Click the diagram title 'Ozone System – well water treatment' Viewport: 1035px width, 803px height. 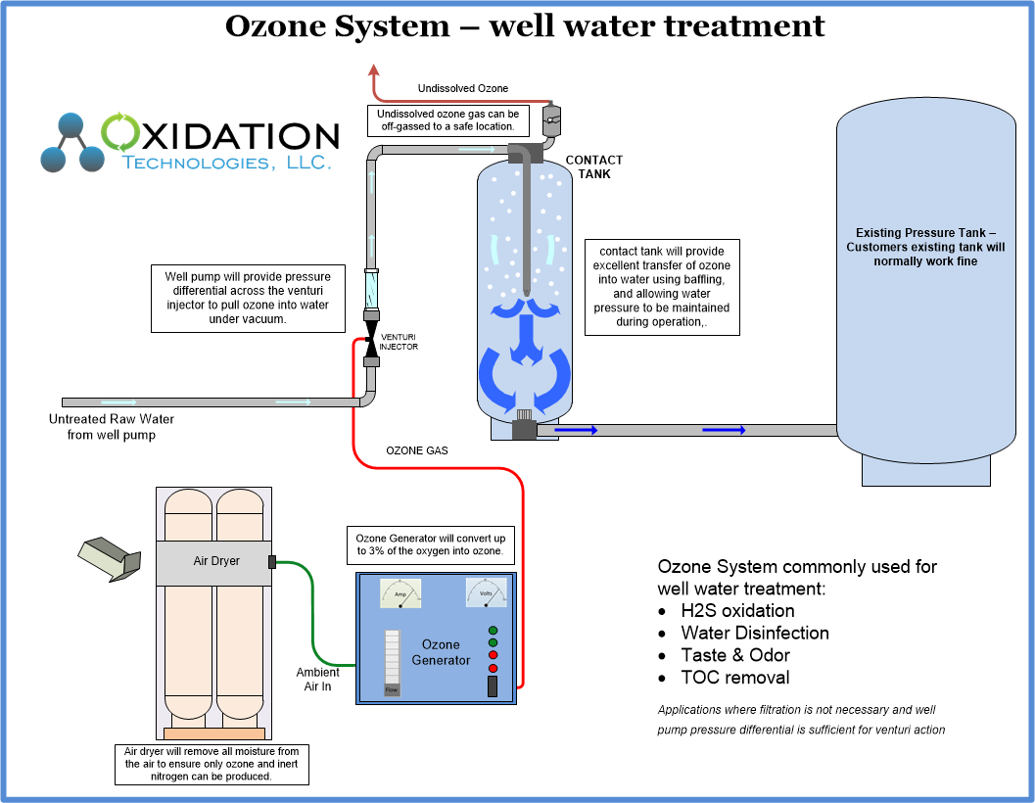(525, 25)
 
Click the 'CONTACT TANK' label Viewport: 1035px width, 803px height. (593, 166)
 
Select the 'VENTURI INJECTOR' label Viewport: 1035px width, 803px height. (399, 342)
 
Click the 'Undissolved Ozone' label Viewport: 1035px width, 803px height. (463, 89)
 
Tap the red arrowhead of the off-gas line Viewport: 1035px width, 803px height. (373, 70)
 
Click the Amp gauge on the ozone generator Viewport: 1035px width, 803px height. (400, 593)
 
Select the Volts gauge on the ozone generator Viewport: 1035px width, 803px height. (486, 593)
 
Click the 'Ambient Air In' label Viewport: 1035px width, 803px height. (318, 680)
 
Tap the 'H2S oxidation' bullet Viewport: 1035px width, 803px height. (737, 611)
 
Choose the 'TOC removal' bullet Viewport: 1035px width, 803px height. (734, 678)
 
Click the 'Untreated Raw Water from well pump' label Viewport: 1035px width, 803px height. (112, 427)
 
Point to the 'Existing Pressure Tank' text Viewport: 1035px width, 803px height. (924, 247)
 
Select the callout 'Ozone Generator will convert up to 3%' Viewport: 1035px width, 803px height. (430, 545)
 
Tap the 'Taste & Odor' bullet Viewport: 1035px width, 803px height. (735, 655)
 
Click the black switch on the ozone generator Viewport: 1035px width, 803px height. (493, 686)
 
